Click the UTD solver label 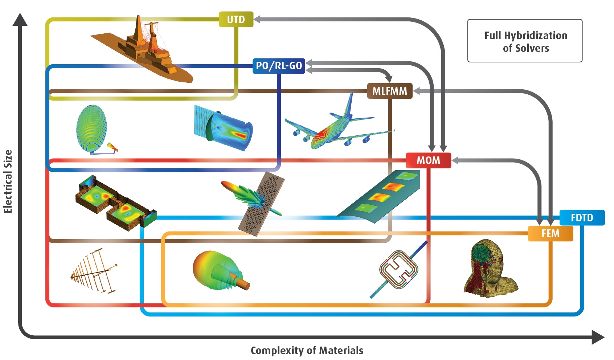point(236,19)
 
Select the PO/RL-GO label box point(279,66)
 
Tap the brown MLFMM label point(390,91)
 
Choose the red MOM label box point(428,160)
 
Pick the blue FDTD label point(582,218)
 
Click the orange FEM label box point(550,233)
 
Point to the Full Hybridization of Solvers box point(525,41)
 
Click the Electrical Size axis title point(8,181)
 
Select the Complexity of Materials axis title point(307,351)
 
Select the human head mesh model point(490,269)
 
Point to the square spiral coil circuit point(398,270)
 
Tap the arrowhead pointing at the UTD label point(257,19)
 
